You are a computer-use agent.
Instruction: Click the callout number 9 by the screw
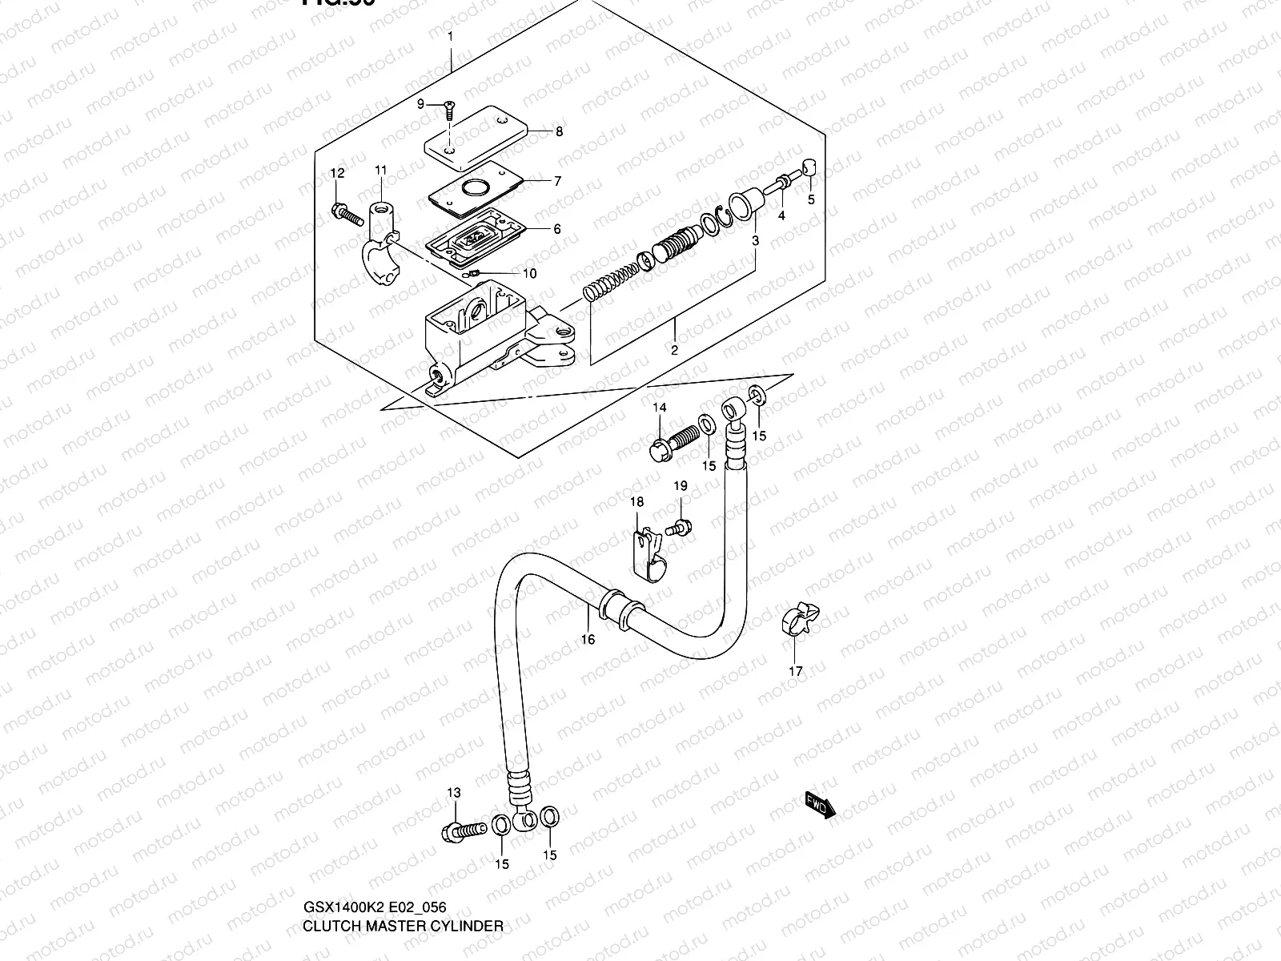tap(420, 103)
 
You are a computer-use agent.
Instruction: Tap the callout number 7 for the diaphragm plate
tap(558, 181)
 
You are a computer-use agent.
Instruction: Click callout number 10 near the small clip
tap(529, 274)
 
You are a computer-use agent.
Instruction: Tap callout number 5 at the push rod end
tap(810, 200)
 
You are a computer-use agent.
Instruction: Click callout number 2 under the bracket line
tap(674, 350)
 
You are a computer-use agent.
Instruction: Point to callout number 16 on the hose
tap(588, 639)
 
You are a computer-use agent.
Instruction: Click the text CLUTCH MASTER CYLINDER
tap(403, 926)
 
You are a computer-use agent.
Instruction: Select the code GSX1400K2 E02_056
tap(374, 907)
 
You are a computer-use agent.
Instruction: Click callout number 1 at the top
tap(450, 36)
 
